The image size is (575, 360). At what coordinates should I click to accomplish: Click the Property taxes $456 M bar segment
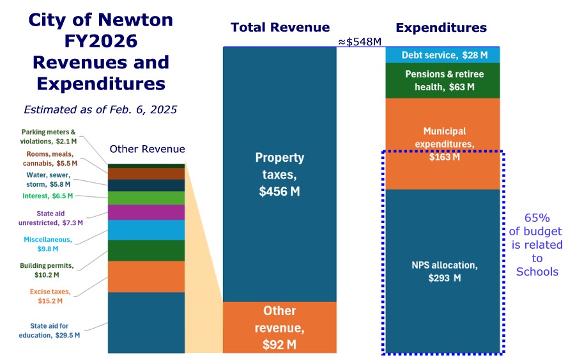click(279, 173)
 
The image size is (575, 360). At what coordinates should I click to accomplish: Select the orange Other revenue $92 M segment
click(279, 327)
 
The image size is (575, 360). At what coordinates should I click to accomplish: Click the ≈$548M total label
click(360, 42)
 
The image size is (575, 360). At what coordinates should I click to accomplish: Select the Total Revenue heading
click(280, 27)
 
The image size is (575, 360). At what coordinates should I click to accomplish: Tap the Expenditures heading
click(441, 27)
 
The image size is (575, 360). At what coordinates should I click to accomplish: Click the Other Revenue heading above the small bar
click(147, 149)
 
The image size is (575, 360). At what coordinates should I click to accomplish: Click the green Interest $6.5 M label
click(47, 196)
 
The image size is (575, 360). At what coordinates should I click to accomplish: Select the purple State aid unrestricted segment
click(146, 212)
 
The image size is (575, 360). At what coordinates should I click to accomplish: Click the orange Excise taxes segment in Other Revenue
click(146, 276)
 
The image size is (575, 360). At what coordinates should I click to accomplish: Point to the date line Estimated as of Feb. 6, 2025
click(100, 109)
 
